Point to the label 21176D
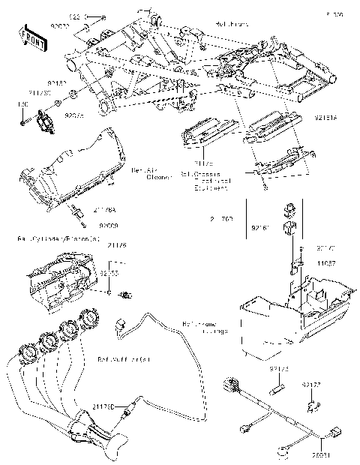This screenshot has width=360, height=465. pyautogui.click(x=103, y=406)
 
